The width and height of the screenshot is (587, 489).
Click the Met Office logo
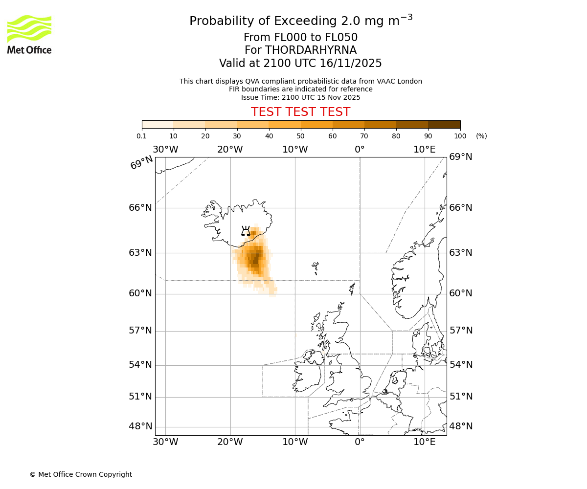(29, 34)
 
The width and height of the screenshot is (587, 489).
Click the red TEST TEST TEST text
(300, 112)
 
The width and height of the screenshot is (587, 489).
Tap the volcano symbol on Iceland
(246, 231)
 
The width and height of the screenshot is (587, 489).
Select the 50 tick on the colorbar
(301, 136)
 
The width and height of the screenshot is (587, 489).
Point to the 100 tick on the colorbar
(460, 136)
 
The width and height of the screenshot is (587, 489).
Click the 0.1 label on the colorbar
(142, 136)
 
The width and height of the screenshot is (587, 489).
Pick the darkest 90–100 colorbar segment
(444, 124)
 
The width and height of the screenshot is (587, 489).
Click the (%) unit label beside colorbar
(481, 136)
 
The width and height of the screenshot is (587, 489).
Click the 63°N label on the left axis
(140, 253)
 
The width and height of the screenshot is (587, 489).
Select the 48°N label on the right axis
(461, 426)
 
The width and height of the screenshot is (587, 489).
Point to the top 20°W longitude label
(230, 149)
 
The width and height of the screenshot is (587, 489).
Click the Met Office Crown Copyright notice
(81, 474)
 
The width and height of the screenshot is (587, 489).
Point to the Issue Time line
(300, 97)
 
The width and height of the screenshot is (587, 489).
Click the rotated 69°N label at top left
(141, 162)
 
